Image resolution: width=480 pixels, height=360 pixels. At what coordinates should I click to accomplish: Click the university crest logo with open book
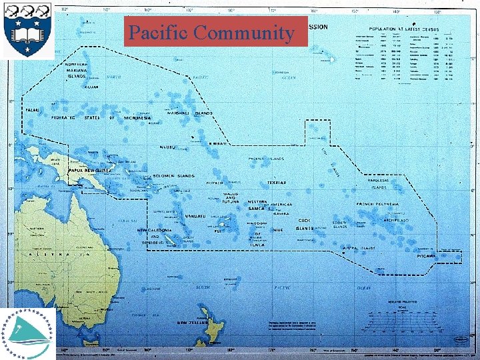coord(28,30)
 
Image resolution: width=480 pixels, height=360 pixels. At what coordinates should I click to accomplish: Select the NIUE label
coord(278,231)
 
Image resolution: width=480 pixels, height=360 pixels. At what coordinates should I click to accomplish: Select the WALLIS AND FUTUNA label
coord(230,198)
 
